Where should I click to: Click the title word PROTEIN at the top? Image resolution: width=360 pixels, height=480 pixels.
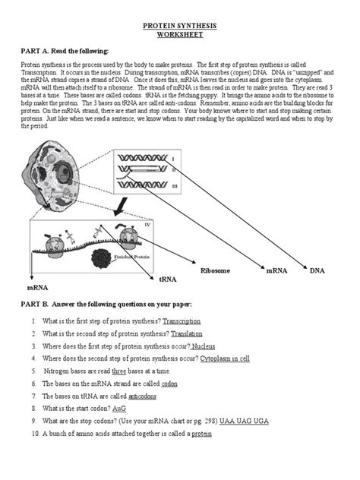coord(159,25)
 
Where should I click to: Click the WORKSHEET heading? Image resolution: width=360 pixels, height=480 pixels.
coord(180,35)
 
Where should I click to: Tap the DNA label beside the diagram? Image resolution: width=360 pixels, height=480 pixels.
coord(316,270)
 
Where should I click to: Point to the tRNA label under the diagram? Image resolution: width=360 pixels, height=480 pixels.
coord(167,279)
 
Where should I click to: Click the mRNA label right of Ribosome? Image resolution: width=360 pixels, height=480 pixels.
coord(276,270)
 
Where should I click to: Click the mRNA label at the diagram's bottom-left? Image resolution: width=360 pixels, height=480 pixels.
coord(38,288)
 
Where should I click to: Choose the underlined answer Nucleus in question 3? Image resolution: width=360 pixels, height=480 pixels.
coord(208,346)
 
